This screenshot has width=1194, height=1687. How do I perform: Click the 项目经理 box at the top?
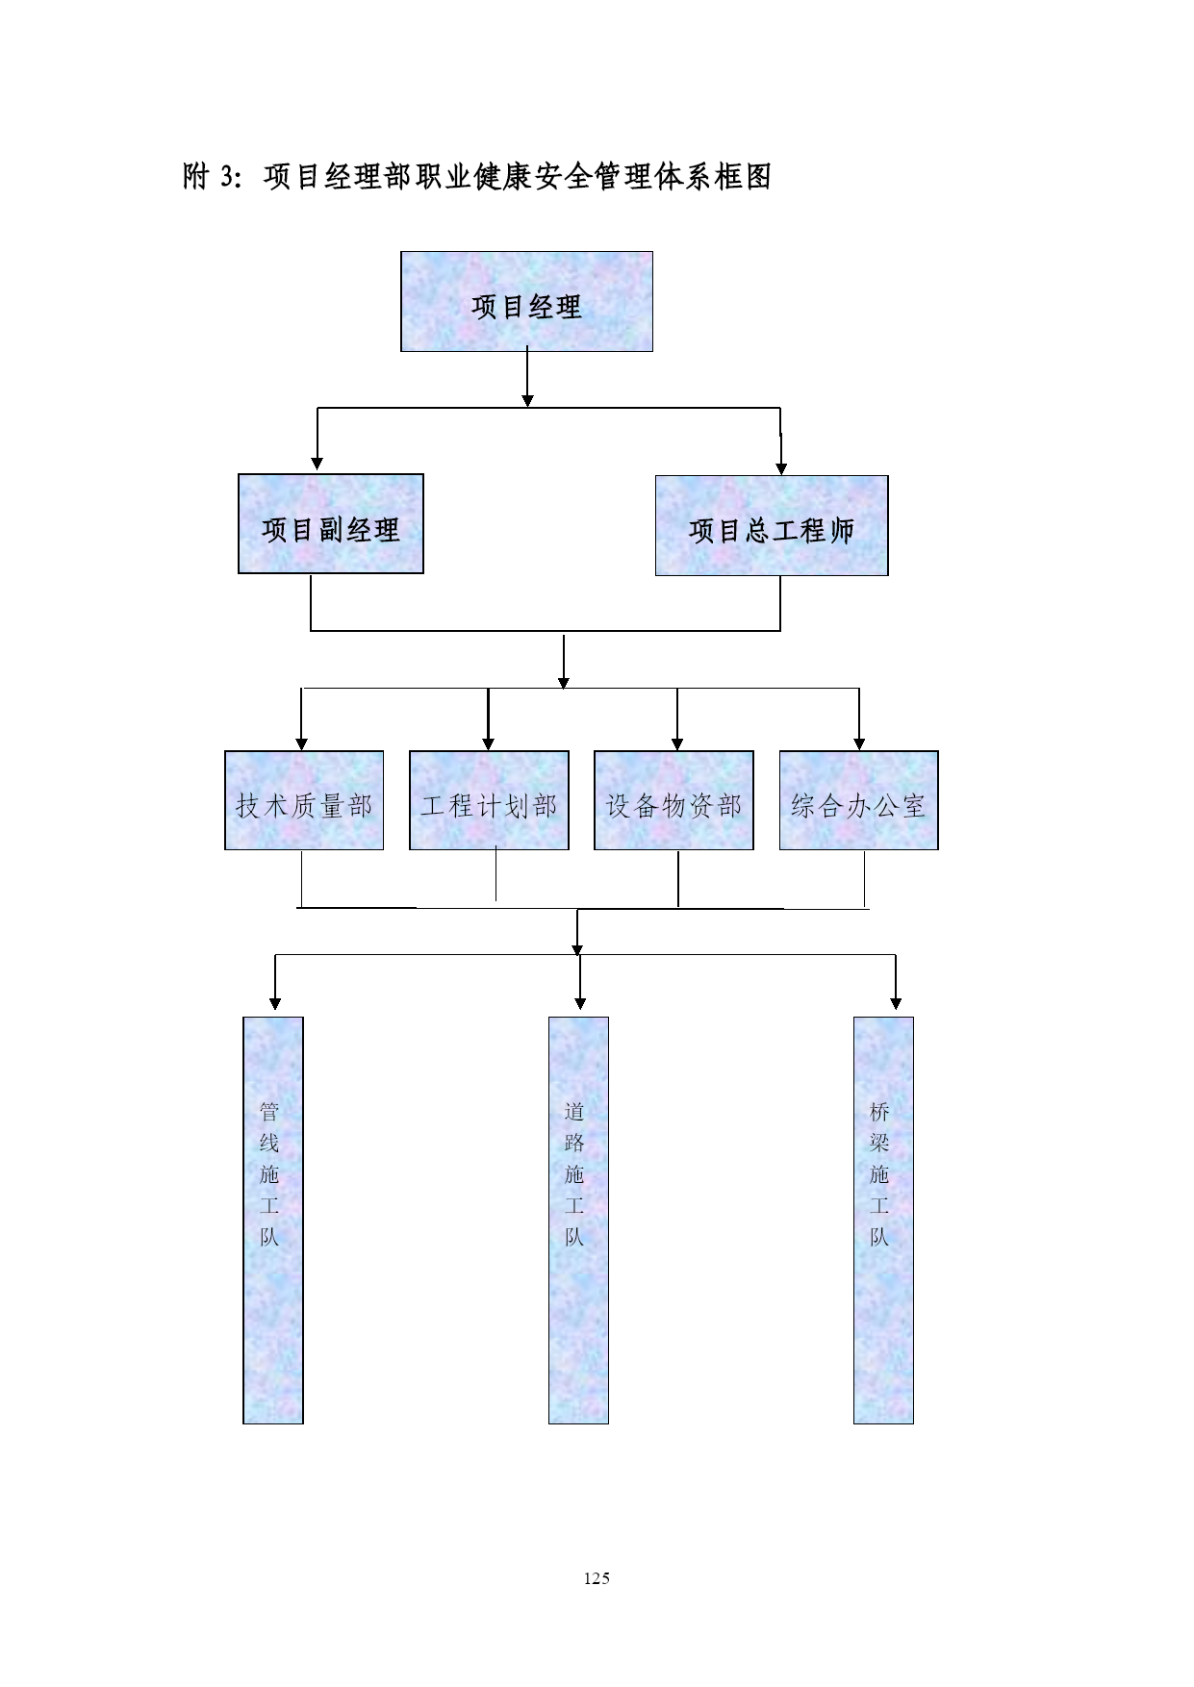click(x=526, y=301)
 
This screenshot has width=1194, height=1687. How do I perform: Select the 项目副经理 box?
click(x=331, y=524)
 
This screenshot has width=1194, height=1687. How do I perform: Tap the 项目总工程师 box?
click(x=772, y=525)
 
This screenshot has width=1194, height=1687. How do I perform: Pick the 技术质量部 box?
click(x=304, y=800)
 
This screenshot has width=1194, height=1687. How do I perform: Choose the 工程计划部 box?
click(x=489, y=800)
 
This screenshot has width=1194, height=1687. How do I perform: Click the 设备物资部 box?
click(x=673, y=800)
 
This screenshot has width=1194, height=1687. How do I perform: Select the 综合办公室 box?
click(x=858, y=800)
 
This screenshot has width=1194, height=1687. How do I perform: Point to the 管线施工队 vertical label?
click(x=269, y=1174)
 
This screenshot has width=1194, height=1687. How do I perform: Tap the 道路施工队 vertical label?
click(x=574, y=1174)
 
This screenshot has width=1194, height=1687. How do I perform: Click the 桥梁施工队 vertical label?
click(x=879, y=1174)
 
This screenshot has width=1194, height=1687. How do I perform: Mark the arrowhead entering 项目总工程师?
click(x=781, y=468)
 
